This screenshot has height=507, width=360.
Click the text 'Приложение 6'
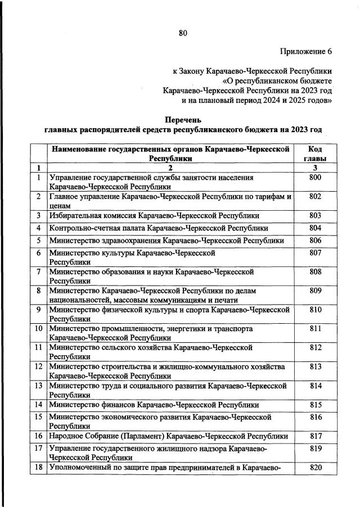[x=306, y=52]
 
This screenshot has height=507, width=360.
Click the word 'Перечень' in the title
[x=183, y=120]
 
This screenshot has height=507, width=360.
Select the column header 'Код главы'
[x=315, y=154]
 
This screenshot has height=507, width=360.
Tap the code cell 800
[x=315, y=178]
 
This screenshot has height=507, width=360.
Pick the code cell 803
[x=315, y=215]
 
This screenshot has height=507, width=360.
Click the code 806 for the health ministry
[x=315, y=241]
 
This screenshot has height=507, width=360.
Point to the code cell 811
[x=315, y=328]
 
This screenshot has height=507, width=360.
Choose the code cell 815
[x=315, y=405]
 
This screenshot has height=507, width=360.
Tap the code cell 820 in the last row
[x=315, y=468]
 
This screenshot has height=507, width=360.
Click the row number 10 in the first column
[x=38, y=328]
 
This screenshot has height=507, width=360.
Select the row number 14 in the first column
[x=38, y=405]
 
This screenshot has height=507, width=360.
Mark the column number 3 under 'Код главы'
[x=315, y=168]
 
